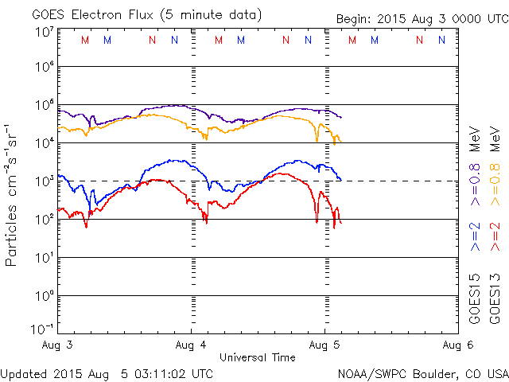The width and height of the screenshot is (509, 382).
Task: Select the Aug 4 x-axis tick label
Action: coord(192,345)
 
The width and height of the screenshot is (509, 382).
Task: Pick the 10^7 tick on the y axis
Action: coord(44,32)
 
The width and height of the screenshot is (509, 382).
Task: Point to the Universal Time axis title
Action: coord(258,357)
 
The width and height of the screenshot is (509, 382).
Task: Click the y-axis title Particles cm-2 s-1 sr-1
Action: coord(13,194)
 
